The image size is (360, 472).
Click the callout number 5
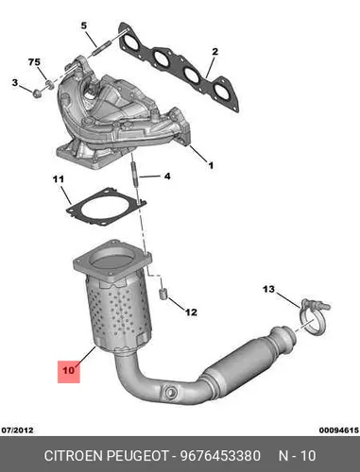click(83, 25)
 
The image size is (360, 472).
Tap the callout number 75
click(34, 62)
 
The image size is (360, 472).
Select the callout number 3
click(15, 83)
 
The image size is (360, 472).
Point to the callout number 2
click(214, 51)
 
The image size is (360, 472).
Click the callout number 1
click(211, 165)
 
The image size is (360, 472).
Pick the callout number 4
click(167, 177)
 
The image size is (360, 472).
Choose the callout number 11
click(58, 179)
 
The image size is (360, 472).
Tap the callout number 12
click(191, 312)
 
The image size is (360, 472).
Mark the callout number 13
click(268, 289)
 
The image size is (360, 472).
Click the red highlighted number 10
click(69, 370)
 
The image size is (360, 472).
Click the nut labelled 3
click(37, 93)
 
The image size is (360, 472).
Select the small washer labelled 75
click(49, 84)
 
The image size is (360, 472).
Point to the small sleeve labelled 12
click(163, 294)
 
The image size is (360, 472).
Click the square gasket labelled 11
click(107, 207)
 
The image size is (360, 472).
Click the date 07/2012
click(18, 430)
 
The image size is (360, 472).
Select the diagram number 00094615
click(339, 430)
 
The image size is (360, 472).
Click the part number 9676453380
click(220, 456)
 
